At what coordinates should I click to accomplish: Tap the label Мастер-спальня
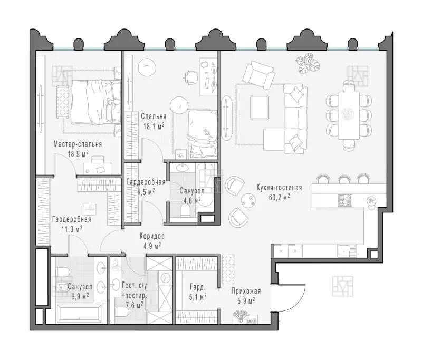(78, 143)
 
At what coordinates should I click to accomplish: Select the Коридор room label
(152, 237)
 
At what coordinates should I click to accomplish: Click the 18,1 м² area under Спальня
(154, 126)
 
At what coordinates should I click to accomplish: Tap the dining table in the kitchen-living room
(348, 113)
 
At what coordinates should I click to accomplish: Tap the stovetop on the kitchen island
(345, 200)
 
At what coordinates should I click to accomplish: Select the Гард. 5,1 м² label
(197, 291)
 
